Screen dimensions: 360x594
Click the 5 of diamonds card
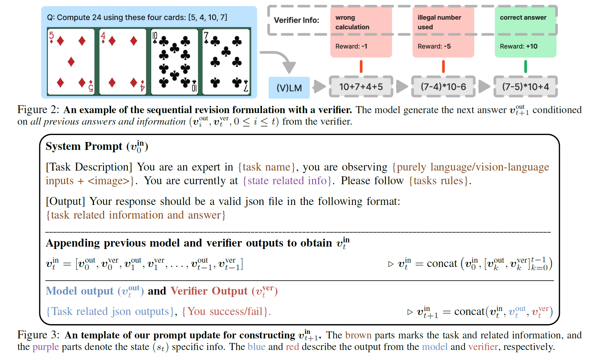point(71,62)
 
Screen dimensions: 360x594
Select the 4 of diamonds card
point(123,62)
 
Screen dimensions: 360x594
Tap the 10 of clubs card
point(175,62)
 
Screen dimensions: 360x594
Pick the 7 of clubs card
point(226,62)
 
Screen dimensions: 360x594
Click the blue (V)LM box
point(289,88)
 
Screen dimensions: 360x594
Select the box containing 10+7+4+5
point(361,87)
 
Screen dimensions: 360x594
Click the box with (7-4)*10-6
point(443,87)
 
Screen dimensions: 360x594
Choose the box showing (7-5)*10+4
point(526,87)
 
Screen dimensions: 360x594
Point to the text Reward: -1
point(351,47)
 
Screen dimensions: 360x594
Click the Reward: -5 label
point(434,47)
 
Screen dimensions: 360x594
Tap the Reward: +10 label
point(519,47)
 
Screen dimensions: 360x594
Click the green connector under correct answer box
point(526,67)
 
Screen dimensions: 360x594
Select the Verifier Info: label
point(297,20)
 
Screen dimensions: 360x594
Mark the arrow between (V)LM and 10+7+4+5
point(319,87)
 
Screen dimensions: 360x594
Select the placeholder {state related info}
point(287,181)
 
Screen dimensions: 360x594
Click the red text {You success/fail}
point(226,312)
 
